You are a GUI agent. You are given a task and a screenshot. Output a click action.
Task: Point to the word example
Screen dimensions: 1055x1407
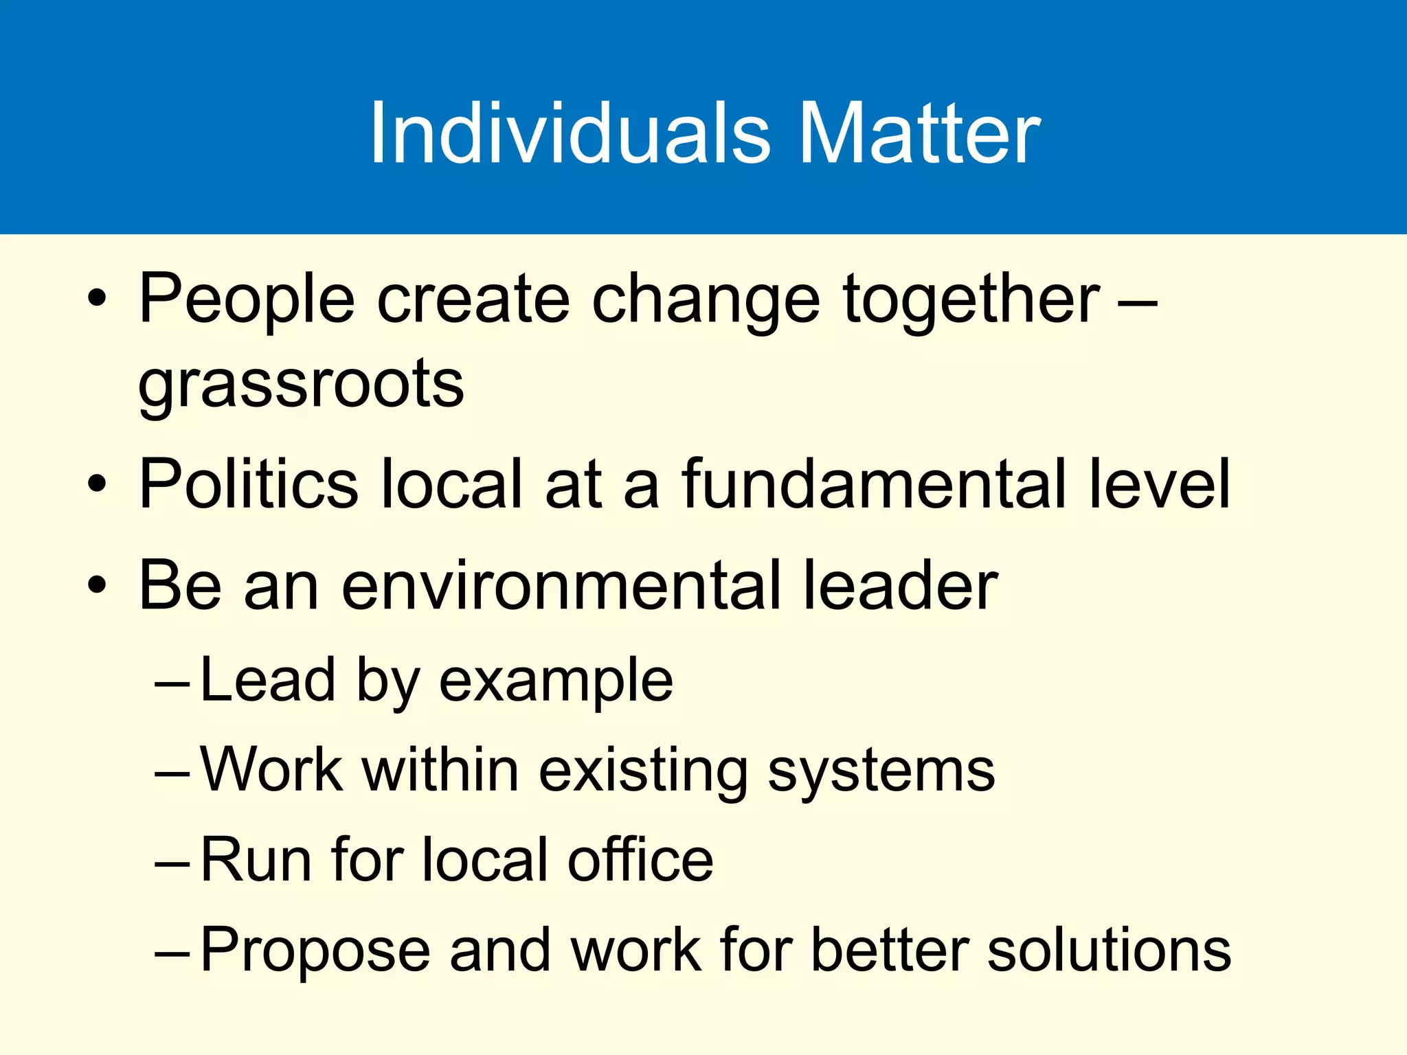[556, 681]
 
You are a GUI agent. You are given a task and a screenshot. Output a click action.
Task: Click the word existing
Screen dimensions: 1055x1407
[643, 771]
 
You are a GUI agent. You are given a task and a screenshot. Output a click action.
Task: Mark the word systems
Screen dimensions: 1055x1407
[881, 771]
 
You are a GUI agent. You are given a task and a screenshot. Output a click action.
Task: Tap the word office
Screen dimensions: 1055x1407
[640, 860]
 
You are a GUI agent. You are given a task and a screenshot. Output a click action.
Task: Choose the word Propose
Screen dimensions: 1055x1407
[315, 951]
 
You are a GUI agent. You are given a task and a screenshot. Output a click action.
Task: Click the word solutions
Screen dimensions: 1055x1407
[1109, 951]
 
